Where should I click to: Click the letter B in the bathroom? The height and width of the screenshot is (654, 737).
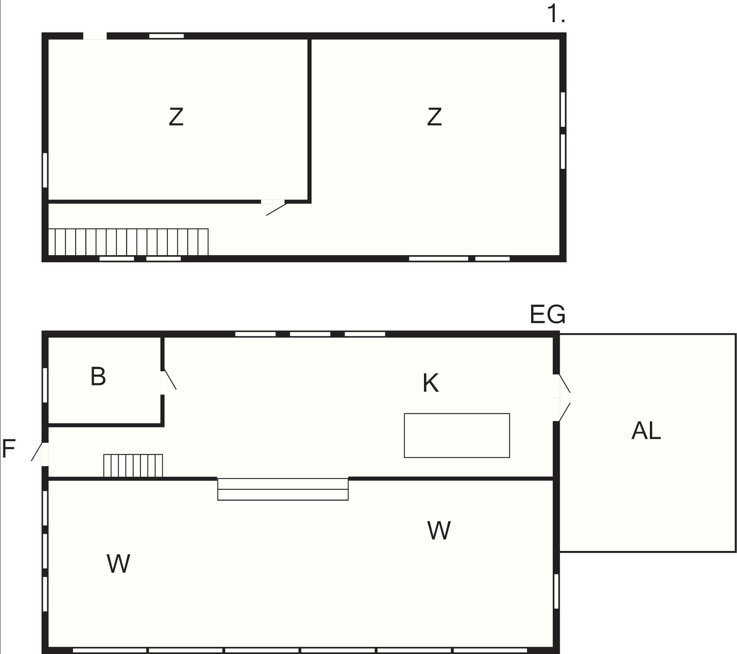98,376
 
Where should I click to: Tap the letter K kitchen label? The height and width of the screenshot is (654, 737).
431,383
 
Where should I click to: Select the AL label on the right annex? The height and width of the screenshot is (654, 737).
646,431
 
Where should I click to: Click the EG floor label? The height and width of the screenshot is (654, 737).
548,314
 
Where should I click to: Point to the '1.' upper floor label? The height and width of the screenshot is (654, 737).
556,15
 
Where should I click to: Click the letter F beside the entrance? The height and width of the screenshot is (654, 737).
8,448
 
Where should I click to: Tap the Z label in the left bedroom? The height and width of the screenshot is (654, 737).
176,117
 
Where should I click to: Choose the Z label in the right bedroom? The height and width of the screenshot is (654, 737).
434,117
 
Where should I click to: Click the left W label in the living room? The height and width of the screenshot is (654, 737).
118,563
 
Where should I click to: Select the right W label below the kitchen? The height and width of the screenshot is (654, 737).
439,530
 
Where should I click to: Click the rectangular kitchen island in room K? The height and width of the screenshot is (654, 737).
457,435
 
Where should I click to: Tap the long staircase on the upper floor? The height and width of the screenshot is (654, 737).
128,242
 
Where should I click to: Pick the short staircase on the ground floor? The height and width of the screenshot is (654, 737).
133,465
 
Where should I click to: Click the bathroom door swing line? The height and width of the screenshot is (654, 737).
170,379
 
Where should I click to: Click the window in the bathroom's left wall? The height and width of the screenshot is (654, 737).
45,385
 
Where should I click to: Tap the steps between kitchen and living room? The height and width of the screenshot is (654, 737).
283,489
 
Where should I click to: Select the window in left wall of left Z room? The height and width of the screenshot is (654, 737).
45,170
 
